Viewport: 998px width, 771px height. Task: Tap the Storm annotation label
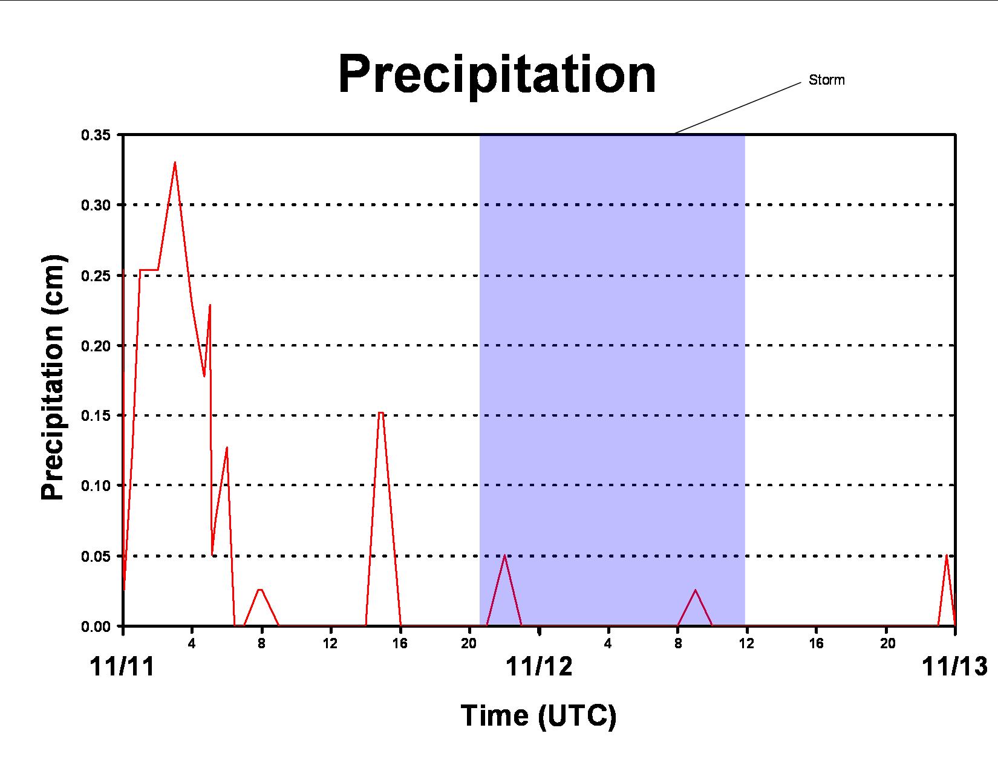826,80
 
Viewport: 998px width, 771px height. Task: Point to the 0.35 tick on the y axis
96,135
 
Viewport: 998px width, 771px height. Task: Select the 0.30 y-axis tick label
96,205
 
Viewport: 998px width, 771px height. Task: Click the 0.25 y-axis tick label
96,276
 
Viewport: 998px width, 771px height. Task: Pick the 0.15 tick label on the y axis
96,415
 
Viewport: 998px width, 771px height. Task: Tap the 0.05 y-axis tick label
96,556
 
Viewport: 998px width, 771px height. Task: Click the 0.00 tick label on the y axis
96,627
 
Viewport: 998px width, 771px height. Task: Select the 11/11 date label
122,666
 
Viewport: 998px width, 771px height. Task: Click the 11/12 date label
539,666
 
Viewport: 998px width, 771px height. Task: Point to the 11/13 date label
955,666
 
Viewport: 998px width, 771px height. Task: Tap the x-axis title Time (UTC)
538,716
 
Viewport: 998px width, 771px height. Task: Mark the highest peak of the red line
175,162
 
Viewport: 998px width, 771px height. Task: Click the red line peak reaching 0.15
380,413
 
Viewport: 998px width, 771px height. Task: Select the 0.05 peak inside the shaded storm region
504,556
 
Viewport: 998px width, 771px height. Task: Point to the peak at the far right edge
947,556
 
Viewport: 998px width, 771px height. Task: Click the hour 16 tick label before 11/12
400,644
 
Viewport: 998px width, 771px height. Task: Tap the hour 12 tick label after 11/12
747,644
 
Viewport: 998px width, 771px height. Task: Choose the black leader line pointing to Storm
737,108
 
